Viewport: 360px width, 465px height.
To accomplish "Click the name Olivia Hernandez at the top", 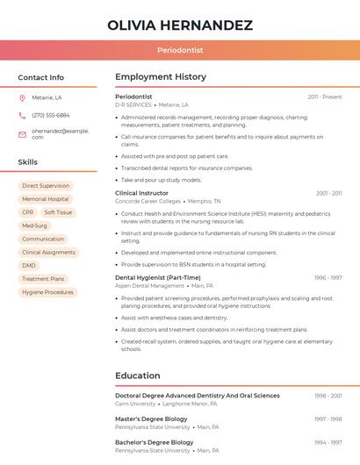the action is pyautogui.click(x=180, y=25).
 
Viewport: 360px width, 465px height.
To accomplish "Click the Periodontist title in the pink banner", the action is pyautogui.click(x=180, y=51).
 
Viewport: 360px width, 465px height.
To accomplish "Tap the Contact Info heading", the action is pyautogui.click(x=40, y=77).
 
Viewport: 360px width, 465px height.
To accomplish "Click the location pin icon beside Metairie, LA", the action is pyautogui.click(x=22, y=97).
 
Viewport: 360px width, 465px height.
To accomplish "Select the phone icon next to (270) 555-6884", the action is pyautogui.click(x=22, y=115).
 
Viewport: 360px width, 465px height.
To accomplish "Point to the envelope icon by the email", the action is pyautogui.click(x=22, y=134).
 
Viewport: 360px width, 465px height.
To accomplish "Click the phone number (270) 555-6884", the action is pyautogui.click(x=51, y=115).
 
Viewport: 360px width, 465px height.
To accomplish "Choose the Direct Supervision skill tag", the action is pyautogui.click(x=46, y=186).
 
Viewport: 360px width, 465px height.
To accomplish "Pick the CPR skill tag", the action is pyautogui.click(x=28, y=212).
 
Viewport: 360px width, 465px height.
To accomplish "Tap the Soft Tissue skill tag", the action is pyautogui.click(x=58, y=212).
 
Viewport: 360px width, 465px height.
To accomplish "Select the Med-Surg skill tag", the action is pyautogui.click(x=35, y=225).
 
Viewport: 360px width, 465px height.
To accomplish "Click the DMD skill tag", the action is pyautogui.click(x=29, y=265).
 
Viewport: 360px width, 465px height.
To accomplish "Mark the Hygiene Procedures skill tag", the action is pyautogui.click(x=47, y=292).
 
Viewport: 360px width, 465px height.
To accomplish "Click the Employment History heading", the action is pyautogui.click(x=161, y=77).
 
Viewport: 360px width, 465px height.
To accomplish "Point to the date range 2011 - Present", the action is pyautogui.click(x=325, y=97).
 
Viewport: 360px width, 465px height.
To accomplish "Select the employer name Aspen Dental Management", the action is pyautogui.click(x=149, y=285).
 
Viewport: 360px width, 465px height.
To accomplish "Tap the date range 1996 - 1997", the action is pyautogui.click(x=328, y=277).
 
